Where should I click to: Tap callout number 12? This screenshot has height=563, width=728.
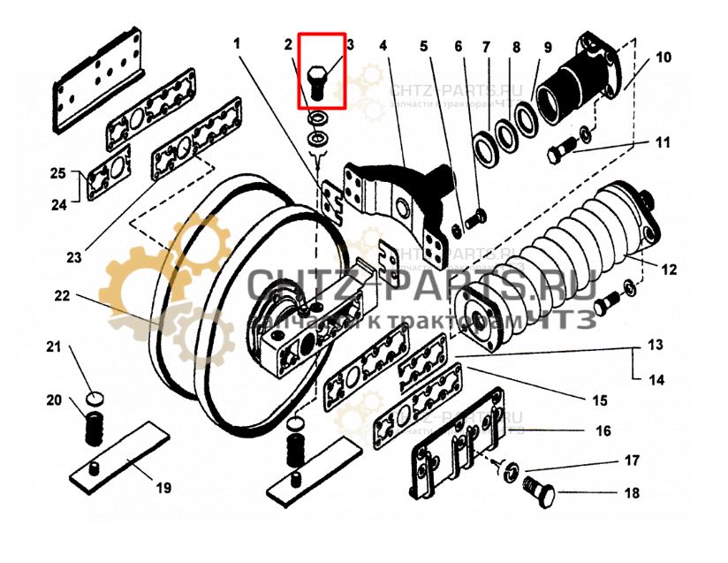tap(669, 270)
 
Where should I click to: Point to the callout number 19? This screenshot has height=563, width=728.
tap(164, 487)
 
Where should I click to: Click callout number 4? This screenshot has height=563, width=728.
tap(383, 45)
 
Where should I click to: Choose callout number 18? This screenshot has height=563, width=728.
tap(632, 493)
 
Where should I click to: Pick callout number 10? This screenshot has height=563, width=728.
tap(663, 58)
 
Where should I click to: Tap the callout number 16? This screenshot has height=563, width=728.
tap(603, 431)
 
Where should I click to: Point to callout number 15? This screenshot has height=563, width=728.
tap(600, 400)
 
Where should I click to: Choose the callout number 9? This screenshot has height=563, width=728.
tap(547, 46)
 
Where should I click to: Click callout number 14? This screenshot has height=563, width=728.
tap(655, 380)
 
